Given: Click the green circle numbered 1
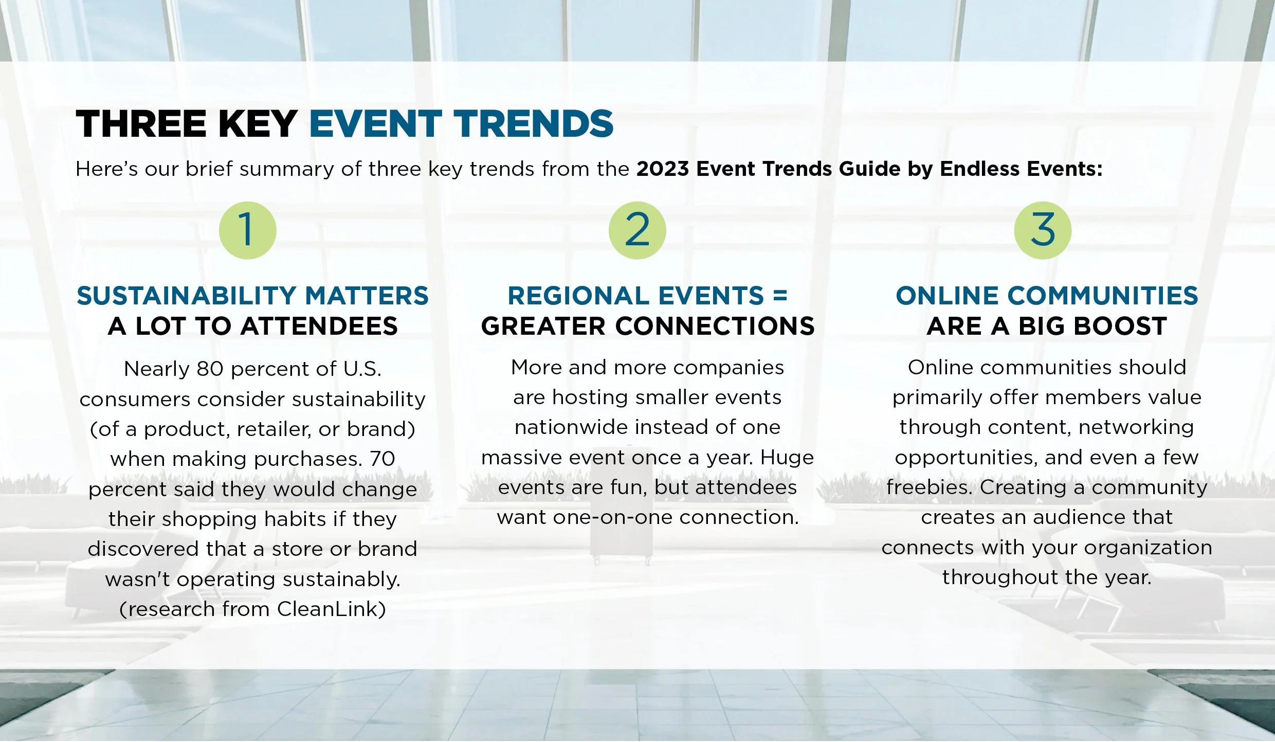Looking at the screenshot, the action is tap(247, 230).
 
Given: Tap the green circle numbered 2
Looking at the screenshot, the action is tap(637, 230).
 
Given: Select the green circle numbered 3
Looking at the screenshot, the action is tap(1043, 230).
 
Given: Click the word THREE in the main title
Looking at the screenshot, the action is tap(141, 124).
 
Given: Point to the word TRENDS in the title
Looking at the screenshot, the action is tap(533, 124).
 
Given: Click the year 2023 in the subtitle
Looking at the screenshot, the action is tap(663, 169).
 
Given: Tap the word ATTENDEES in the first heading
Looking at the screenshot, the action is tap(319, 326).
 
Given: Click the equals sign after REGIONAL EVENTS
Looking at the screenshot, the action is tap(780, 296).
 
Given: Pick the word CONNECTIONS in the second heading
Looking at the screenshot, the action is tap(715, 326).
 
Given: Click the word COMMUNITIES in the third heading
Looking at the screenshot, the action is tap(1103, 296).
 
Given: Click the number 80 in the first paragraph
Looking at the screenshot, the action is tap(210, 369).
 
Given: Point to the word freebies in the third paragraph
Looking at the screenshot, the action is tap(930, 487).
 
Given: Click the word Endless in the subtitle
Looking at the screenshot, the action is tap(979, 169).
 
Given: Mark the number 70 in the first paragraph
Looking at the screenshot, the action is tap(382, 459).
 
